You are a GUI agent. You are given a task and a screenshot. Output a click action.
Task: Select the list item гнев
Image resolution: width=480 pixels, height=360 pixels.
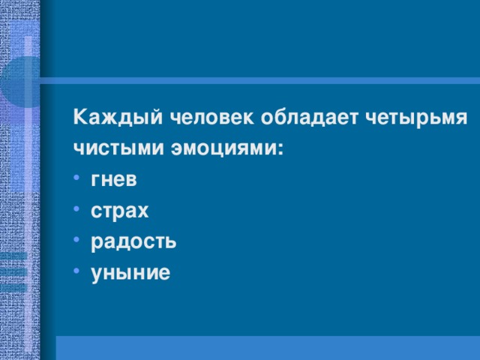click(114, 181)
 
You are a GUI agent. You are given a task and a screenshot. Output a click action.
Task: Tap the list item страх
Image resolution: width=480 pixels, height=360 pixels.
click(119, 211)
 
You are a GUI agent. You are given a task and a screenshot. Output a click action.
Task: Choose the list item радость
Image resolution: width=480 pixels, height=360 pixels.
click(133, 241)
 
